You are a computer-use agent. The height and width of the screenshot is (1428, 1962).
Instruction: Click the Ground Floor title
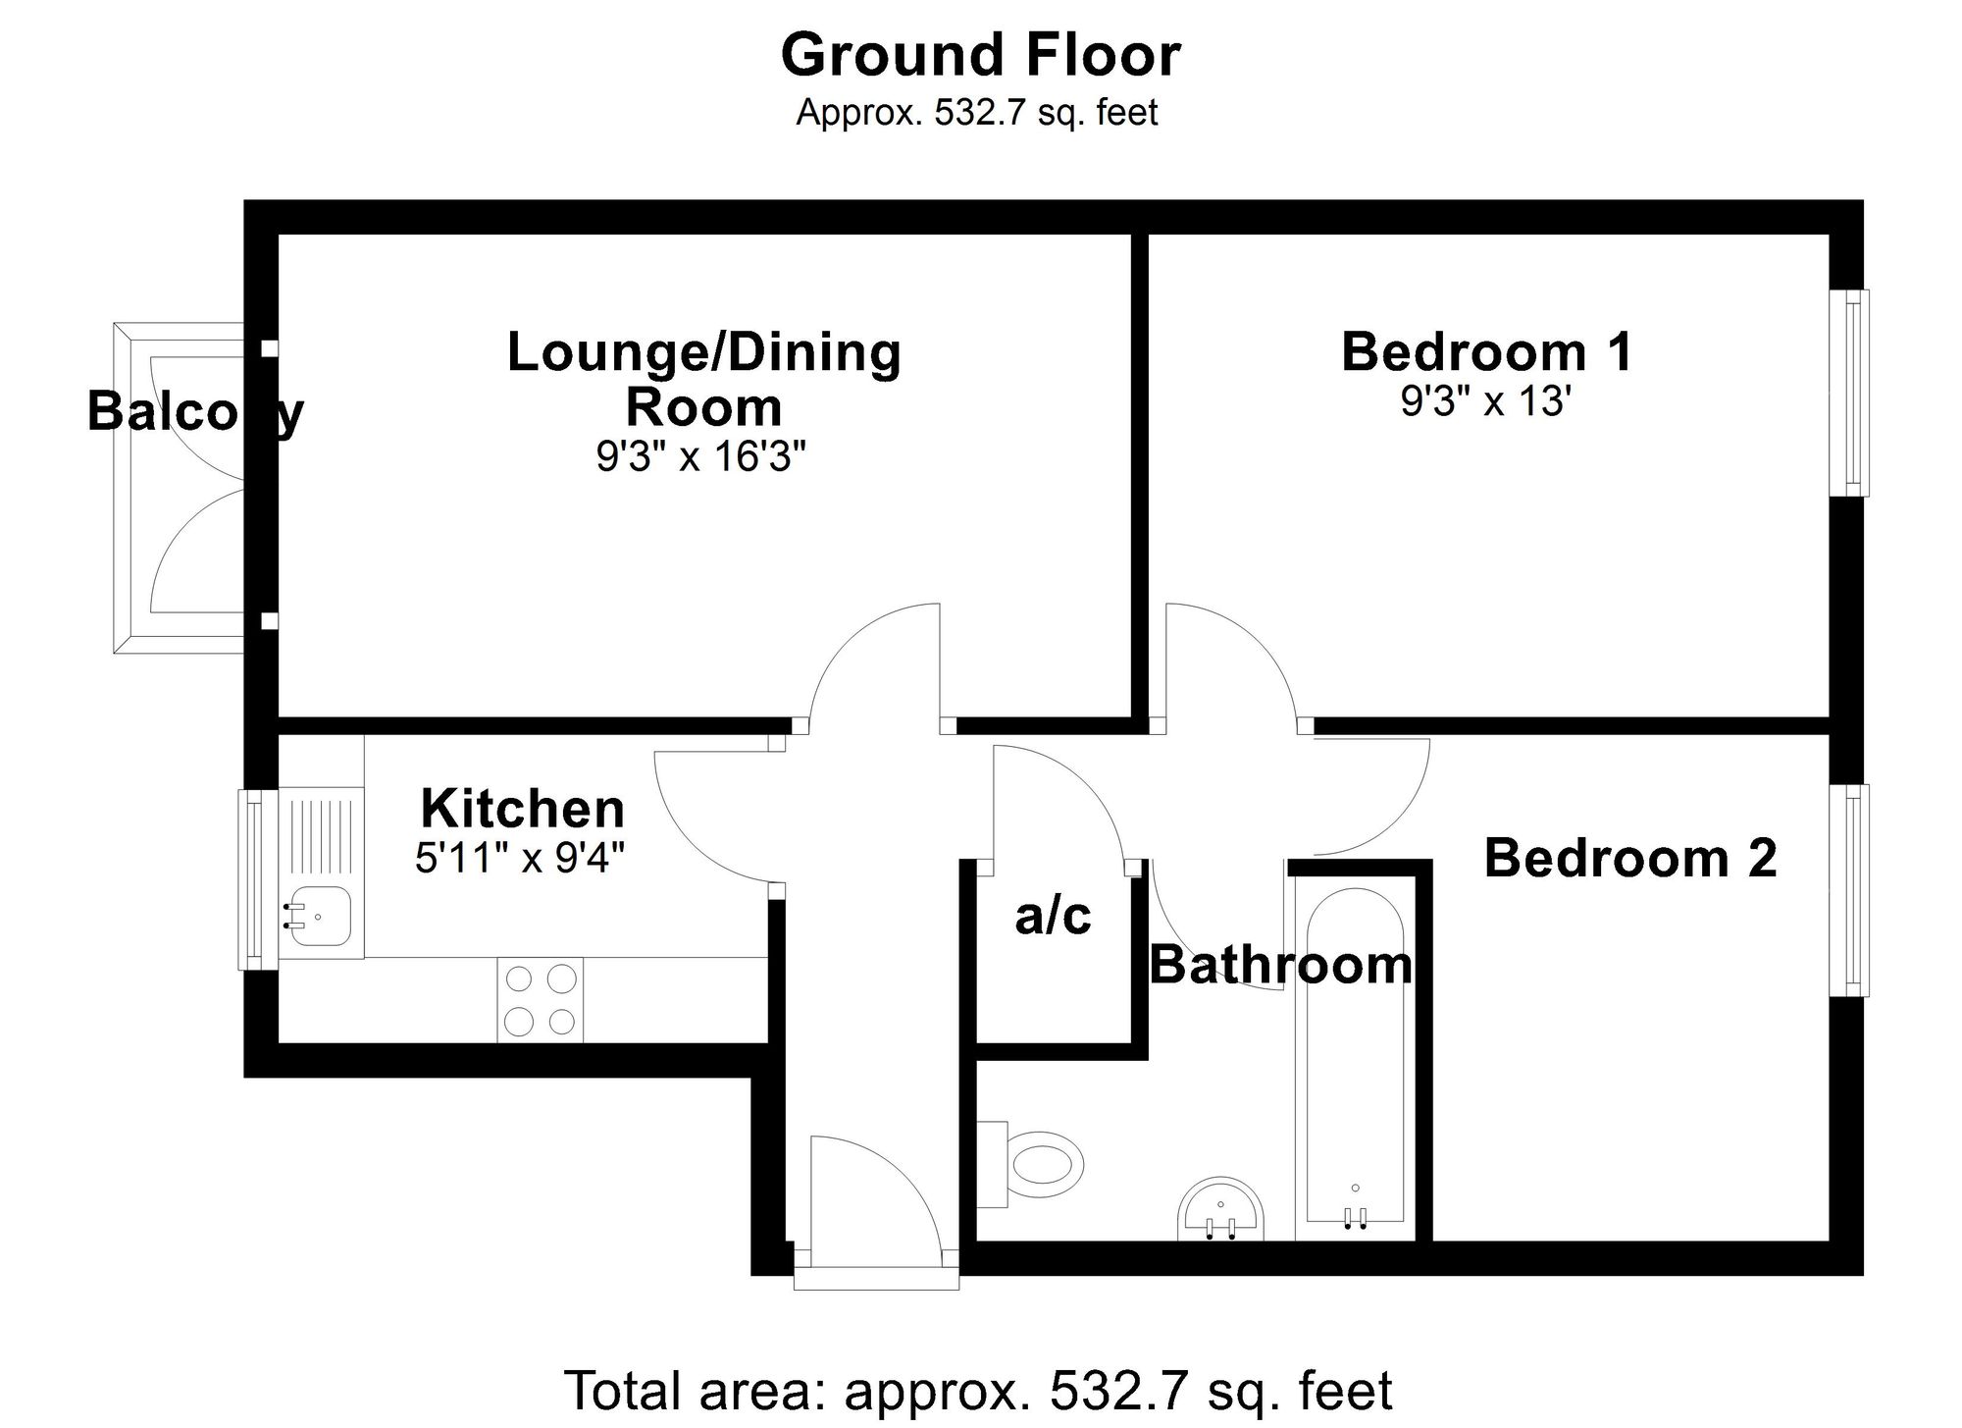pyautogui.click(x=980, y=55)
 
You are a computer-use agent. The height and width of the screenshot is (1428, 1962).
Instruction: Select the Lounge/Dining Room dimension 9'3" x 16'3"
pyautogui.click(x=701, y=456)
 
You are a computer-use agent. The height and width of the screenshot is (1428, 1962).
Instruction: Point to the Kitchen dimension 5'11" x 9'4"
pyautogui.click(x=520, y=859)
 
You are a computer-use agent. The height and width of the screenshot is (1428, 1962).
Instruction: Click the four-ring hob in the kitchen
pyautogui.click(x=540, y=1000)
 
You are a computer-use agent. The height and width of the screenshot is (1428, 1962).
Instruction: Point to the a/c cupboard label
pyautogui.click(x=1053, y=916)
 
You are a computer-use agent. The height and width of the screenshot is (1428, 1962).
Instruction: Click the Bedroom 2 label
pyautogui.click(x=1629, y=858)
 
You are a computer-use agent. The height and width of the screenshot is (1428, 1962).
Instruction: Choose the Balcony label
pyautogui.click(x=195, y=411)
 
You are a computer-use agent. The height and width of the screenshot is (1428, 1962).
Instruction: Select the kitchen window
pyautogui.click(x=252, y=879)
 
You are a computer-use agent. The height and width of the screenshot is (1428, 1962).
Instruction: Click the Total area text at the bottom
pyautogui.click(x=977, y=1391)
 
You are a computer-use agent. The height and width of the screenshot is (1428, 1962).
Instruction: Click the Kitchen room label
pyautogui.click(x=522, y=810)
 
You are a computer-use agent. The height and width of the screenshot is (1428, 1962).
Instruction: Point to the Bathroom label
pyautogui.click(x=1280, y=965)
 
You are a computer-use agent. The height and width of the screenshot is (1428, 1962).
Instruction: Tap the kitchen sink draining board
pyautogui.click(x=322, y=834)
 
